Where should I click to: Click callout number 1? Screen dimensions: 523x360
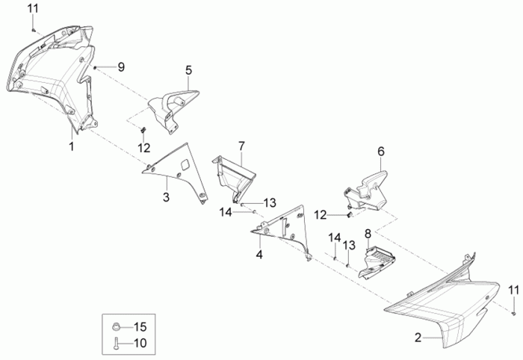72,146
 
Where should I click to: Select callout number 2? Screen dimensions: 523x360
418,338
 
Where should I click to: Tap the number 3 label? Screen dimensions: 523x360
166,197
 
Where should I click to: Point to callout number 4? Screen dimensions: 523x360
259,255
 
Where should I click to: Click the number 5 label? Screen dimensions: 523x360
189,70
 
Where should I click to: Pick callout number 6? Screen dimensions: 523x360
381,152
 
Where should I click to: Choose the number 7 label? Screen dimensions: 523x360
241,146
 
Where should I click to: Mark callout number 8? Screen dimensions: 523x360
368,234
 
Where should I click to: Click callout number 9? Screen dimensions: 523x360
121,67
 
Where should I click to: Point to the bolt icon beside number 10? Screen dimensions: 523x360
116,344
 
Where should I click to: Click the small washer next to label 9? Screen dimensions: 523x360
95,68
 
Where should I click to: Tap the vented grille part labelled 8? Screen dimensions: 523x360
377,262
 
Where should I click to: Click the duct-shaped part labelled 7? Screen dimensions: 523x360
232,179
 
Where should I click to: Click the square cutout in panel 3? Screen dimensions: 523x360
185,164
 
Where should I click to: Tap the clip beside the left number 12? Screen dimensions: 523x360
143,130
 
